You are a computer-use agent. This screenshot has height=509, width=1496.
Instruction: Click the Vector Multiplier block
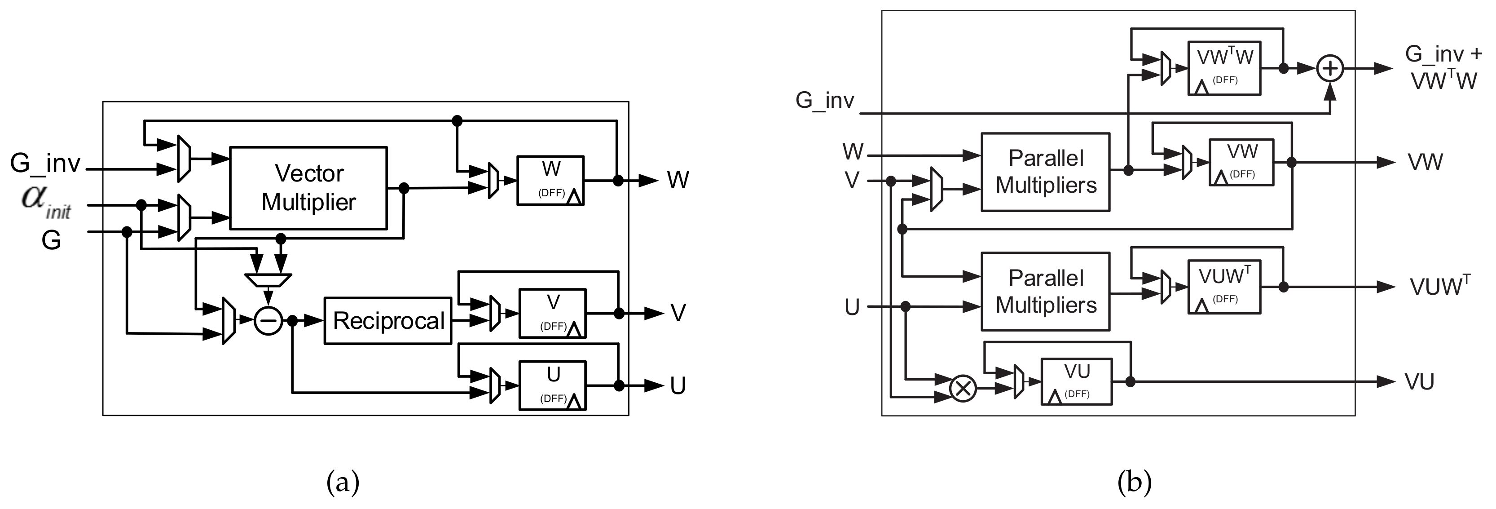308,188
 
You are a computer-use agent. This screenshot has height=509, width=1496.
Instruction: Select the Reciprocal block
387,321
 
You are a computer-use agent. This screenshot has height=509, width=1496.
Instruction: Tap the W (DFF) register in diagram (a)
550,180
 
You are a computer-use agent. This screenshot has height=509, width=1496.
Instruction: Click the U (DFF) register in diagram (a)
552,385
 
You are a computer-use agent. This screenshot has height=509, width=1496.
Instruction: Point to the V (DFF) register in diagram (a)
552,313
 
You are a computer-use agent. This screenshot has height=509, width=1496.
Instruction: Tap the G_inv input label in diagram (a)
45,163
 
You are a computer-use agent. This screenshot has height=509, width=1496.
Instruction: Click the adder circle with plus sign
1330,69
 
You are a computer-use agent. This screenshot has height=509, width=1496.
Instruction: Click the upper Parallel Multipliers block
1045,172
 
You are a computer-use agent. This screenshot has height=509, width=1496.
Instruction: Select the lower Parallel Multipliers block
1045,292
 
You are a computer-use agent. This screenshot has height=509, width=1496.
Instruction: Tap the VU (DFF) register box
1076,382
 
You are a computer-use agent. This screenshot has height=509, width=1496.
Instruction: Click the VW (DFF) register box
1241,162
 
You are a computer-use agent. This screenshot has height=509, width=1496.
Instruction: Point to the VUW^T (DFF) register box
1223,287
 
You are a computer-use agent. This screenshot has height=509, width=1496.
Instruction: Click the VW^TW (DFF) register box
1223,68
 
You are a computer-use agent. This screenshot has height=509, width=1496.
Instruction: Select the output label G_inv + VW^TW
1443,67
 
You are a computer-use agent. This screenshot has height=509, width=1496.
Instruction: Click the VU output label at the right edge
1419,382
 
